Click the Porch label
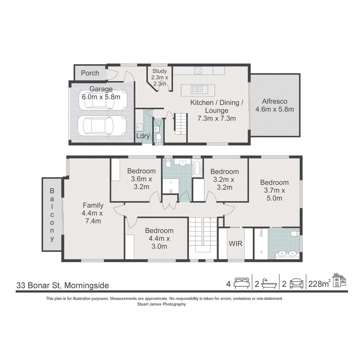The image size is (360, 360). point(90,73)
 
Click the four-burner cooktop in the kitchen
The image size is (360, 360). point(198,70)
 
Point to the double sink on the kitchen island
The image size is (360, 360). point(198,89)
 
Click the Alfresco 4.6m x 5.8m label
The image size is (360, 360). point(274,105)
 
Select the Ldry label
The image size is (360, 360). point(143,136)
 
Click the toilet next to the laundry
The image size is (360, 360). point(158,137)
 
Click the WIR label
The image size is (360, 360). point(235,243)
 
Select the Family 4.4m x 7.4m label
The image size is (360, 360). point(93,213)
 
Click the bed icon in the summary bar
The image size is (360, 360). point(241,284)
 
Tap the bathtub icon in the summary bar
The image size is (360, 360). point(269,284)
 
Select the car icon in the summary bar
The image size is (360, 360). point(296,284)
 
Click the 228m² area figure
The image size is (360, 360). point(319,284)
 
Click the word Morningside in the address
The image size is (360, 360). point(86,285)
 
